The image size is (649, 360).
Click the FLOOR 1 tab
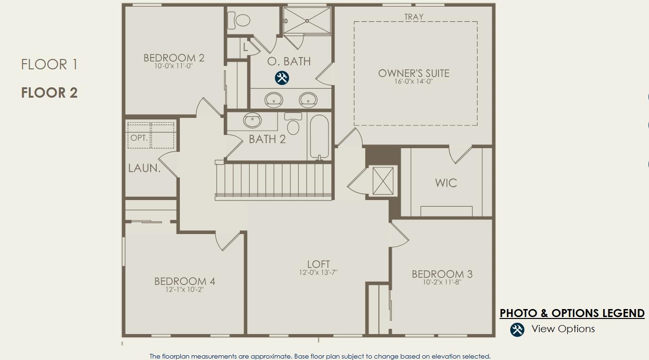[49, 65]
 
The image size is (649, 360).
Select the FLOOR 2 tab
[49, 93]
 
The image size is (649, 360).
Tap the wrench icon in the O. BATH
[282, 78]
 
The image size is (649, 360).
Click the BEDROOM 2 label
[174, 58]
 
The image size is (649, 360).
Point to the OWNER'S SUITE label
[413, 74]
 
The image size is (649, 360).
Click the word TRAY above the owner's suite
[414, 17]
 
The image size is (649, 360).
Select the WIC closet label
[446, 183]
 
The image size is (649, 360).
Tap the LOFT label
[318, 264]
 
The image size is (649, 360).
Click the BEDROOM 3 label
[442, 274]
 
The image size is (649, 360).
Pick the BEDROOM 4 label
[185, 282]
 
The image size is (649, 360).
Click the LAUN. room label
[144, 168]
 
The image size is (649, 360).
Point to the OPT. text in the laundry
[139, 138]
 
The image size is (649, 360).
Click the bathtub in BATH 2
[319, 136]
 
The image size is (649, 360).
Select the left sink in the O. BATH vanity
[274, 100]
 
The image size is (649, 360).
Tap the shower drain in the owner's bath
[307, 21]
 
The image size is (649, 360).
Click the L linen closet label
[245, 47]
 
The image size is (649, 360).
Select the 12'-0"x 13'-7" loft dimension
[318, 272]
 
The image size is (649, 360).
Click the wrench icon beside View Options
[517, 329]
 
